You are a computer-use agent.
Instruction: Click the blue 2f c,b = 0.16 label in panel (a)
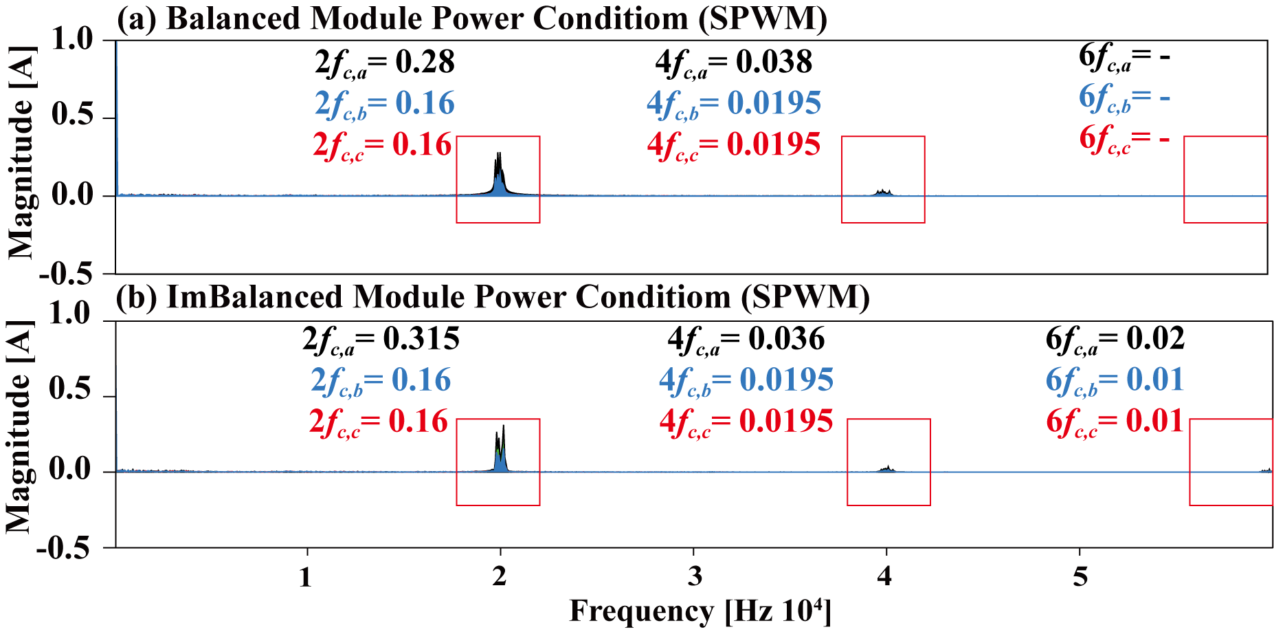tap(384, 104)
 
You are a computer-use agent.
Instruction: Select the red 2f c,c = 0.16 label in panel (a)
tap(382, 145)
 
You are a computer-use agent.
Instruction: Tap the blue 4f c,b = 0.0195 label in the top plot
tap(733, 104)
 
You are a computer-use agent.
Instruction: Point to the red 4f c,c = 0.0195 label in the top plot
tap(733, 145)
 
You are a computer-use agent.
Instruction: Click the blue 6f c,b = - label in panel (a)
tap(1124, 98)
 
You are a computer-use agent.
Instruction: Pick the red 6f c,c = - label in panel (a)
tap(1124, 140)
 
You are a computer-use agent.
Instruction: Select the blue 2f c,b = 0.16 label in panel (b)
tap(381, 380)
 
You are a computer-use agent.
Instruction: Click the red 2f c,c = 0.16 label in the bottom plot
tap(379, 422)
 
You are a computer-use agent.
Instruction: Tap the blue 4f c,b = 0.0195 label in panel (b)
tap(746, 380)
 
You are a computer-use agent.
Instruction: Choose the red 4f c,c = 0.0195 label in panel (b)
tap(746, 422)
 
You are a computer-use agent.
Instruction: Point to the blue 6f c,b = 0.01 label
tap(1115, 380)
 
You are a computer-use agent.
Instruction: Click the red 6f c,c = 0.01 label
tap(1115, 422)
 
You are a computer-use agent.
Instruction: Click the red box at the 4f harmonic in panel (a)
tap(883, 179)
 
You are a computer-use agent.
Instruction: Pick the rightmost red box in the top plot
tap(1225, 179)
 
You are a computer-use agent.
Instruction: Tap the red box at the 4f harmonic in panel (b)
tap(889, 462)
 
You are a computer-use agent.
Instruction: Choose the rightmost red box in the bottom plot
tap(1231, 462)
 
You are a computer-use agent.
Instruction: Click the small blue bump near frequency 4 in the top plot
tap(884, 194)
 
